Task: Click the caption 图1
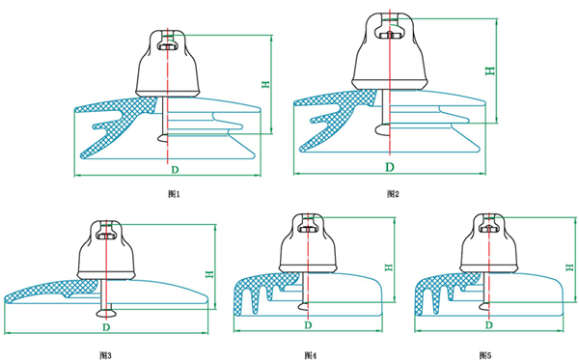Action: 174,193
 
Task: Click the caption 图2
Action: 393,193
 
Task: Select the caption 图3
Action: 105,355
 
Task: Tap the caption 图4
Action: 311,355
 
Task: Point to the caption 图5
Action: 485,355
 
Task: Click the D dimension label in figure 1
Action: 175,170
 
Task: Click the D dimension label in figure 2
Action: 390,167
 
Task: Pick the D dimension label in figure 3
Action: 106,327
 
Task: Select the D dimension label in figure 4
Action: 308,325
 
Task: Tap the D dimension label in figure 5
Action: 489,325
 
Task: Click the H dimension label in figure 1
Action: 265,85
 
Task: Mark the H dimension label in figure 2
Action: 489,70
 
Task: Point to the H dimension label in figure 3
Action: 209,274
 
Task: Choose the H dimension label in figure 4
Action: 389,267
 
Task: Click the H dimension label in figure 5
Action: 569,267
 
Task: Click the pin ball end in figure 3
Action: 106,314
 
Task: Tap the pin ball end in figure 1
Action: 163,138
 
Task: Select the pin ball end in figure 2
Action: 382,128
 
